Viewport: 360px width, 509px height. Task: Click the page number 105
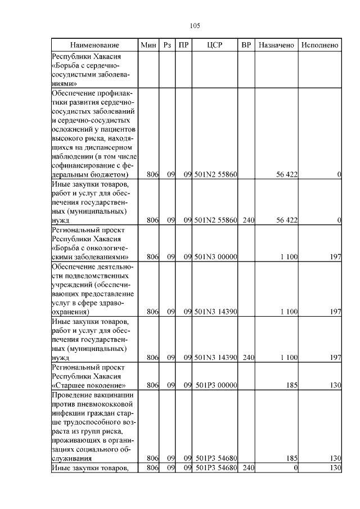pos(195,25)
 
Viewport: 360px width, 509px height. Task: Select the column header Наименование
pos(94,44)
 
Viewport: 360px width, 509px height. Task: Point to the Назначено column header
pos(276,44)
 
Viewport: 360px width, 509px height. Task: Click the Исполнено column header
pos(319,44)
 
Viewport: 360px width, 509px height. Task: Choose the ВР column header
pos(246,44)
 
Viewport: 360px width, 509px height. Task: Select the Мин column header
pos(148,44)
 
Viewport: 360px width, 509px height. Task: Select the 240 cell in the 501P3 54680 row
pos(246,468)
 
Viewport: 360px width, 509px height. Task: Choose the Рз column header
pos(166,44)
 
